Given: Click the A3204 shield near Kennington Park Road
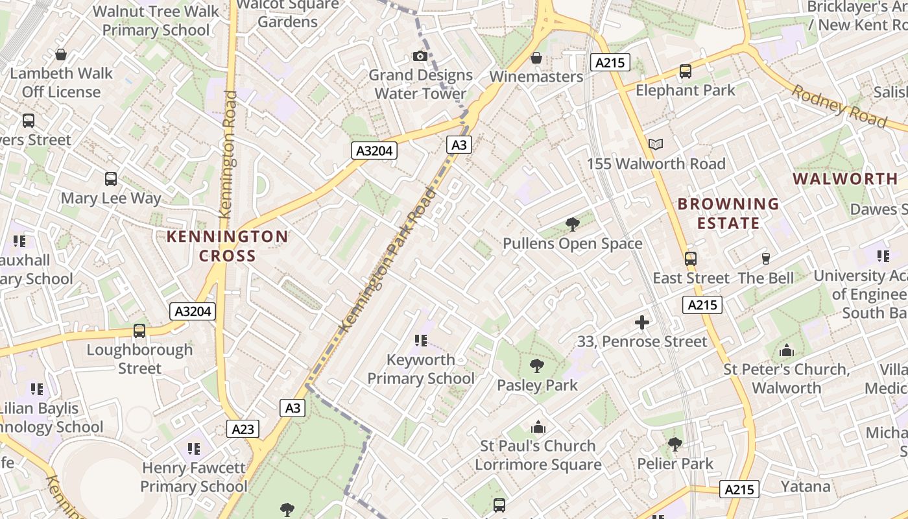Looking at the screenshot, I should [374, 151].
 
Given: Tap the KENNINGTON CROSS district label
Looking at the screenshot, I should [227, 246].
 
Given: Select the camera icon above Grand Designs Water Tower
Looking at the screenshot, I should [420, 56].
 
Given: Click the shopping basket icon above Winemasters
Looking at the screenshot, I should [536, 58].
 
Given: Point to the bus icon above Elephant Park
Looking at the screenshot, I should [685, 71].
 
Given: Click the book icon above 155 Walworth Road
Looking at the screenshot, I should [656, 144].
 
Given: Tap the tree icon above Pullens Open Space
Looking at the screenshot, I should [572, 224].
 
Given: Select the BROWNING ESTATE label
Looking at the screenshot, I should [728, 213].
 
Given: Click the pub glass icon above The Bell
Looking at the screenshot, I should [765, 258].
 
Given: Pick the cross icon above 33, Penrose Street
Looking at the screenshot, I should [641, 322].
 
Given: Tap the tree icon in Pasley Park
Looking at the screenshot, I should [536, 366].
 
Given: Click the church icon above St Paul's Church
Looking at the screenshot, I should [538, 427].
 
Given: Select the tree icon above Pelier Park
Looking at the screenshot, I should [675, 444].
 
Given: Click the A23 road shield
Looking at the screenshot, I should [243, 429].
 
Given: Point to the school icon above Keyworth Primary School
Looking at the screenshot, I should [420, 340].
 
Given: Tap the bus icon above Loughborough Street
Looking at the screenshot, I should [139, 330].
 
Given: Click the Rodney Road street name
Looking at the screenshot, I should [839, 106].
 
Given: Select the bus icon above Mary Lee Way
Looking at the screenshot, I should [111, 178].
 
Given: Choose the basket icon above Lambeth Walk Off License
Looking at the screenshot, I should [61, 54].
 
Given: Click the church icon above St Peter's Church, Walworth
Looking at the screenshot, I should [786, 351].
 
